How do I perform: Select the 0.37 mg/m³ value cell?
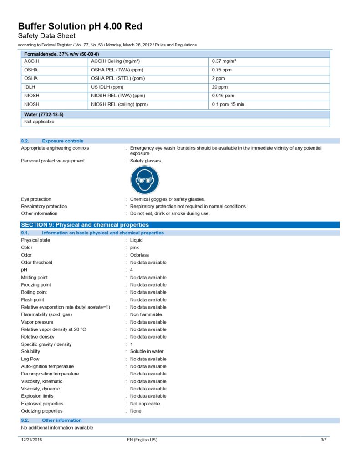tap(224, 61)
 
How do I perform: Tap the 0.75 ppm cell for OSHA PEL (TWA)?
tap(222, 70)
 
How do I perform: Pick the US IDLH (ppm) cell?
tap(107, 87)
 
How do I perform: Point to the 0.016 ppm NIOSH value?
tap(223, 96)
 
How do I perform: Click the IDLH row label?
tap(30, 87)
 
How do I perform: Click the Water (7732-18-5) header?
tap(44, 115)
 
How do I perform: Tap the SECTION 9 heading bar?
tap(85, 225)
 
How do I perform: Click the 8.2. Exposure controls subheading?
tap(62, 141)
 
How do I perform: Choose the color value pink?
tap(134, 248)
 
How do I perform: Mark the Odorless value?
tap(139, 255)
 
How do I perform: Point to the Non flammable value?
tap(146, 314)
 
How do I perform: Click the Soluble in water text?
tap(147, 351)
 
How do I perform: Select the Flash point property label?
tap(33, 300)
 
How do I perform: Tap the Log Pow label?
tap(30, 359)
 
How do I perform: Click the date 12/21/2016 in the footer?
tap(32, 440)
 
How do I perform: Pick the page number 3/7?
tap(323, 440)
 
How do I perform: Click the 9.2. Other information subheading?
tap(61, 420)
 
